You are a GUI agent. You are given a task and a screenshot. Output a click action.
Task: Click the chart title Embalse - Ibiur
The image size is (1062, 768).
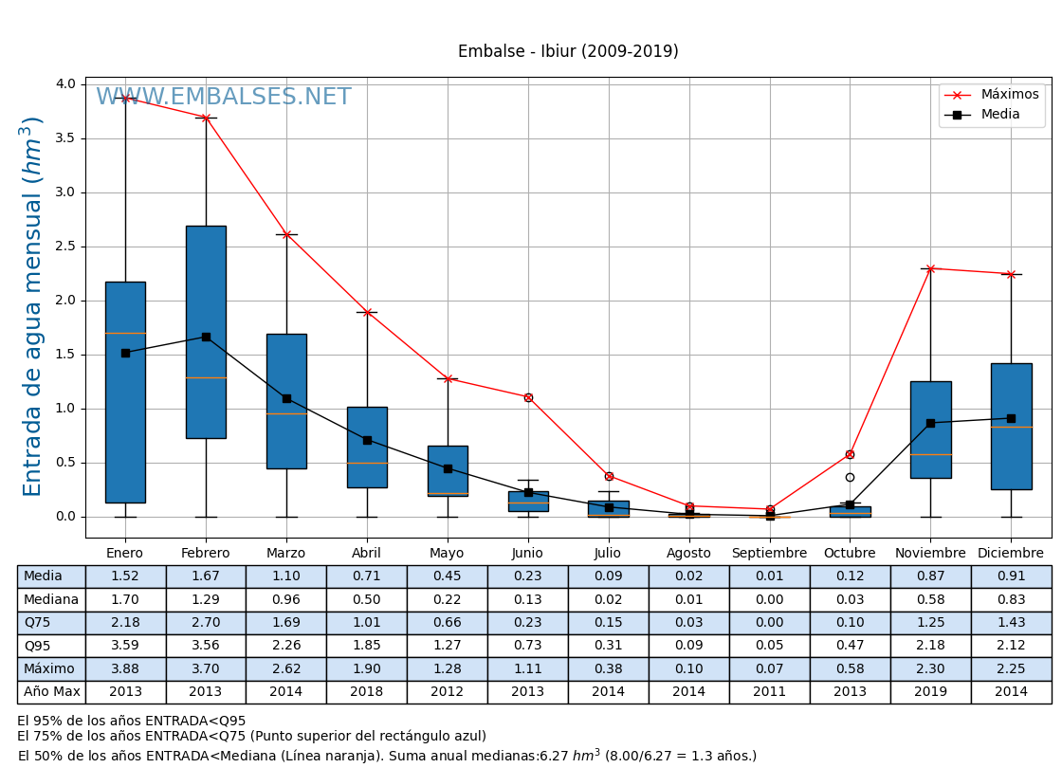(x=568, y=52)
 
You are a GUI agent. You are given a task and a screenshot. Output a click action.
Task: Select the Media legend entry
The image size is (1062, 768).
(x=1000, y=115)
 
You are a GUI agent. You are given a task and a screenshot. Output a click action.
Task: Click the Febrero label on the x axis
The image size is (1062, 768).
(x=206, y=554)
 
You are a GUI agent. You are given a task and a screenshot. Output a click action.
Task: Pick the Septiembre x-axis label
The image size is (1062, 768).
(x=769, y=554)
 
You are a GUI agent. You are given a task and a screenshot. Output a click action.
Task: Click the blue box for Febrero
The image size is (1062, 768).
(x=206, y=332)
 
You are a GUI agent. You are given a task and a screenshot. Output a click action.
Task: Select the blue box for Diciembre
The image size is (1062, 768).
(x=1011, y=427)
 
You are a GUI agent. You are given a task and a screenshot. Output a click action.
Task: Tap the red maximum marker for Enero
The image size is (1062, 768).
(x=125, y=98)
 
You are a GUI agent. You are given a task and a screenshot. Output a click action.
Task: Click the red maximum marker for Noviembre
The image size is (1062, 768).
(x=930, y=268)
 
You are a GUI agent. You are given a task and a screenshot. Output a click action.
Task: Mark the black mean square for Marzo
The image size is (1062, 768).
(x=286, y=398)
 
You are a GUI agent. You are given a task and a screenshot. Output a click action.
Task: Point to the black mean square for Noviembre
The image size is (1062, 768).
(x=930, y=423)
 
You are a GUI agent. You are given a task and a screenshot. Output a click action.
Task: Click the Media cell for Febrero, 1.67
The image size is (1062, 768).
(x=206, y=576)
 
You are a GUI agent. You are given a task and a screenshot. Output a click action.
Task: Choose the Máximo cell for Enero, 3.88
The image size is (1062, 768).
(x=125, y=668)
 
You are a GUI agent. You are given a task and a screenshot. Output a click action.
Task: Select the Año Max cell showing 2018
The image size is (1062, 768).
(x=367, y=692)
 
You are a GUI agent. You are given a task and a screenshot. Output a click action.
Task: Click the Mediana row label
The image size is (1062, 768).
(x=51, y=599)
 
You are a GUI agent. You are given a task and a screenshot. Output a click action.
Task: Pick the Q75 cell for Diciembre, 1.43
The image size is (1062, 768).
(x=1011, y=623)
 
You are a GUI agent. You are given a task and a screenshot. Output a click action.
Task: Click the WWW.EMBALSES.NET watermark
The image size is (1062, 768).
(x=224, y=98)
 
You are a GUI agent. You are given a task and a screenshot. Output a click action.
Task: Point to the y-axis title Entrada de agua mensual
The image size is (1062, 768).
(x=33, y=306)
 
